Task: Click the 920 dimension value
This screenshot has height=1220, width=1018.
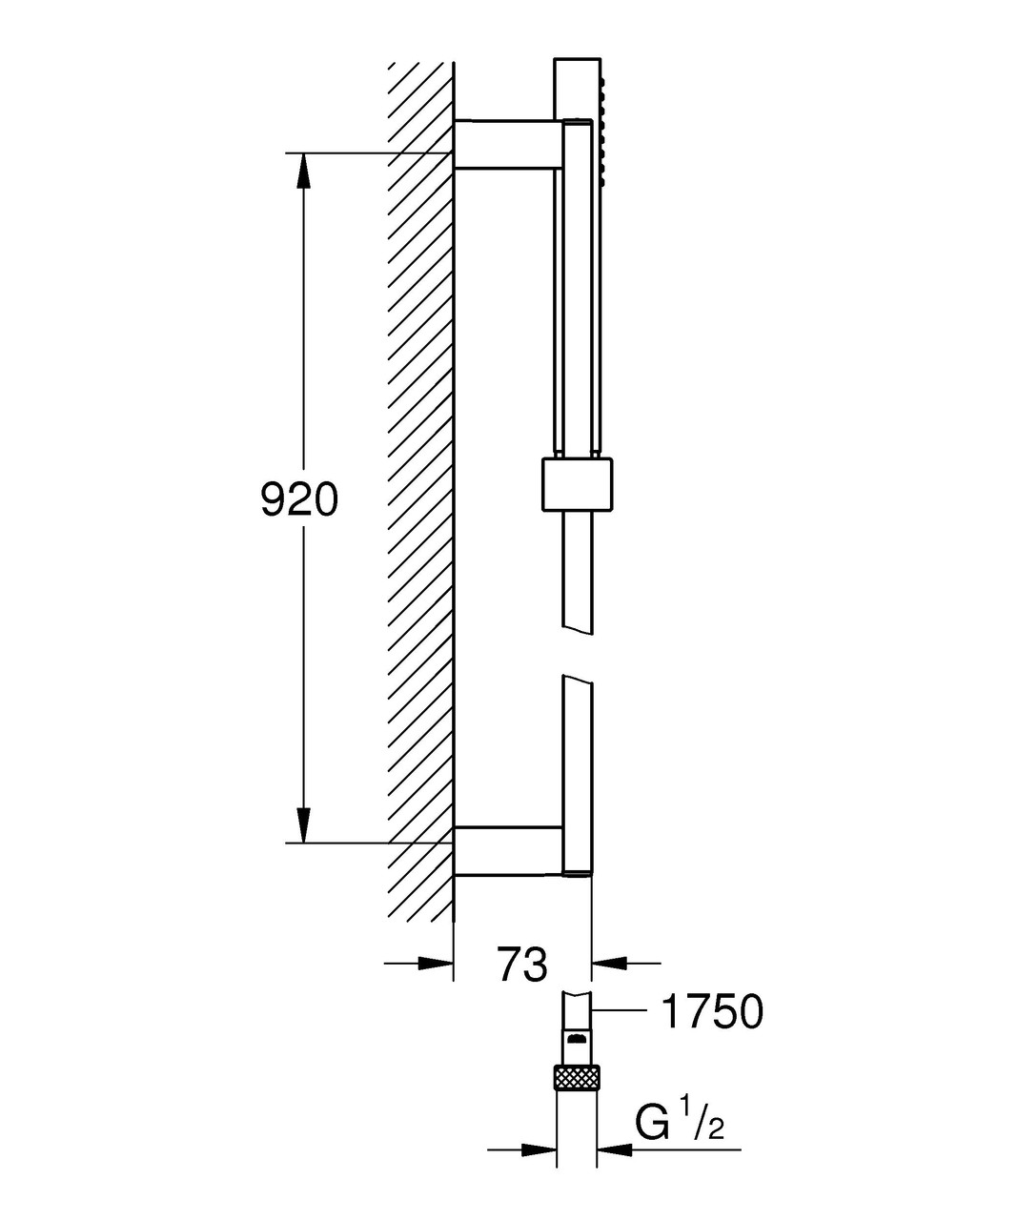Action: pyautogui.click(x=299, y=499)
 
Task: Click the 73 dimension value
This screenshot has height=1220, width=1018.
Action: pyautogui.click(x=522, y=964)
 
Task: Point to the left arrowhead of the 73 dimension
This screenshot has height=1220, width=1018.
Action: pyautogui.click(x=435, y=964)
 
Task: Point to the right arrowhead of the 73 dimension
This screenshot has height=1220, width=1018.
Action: pyautogui.click(x=610, y=964)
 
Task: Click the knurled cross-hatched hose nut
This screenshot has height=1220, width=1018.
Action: pyautogui.click(x=576, y=1078)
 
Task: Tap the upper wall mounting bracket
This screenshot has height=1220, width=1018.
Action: pyautogui.click(x=505, y=145)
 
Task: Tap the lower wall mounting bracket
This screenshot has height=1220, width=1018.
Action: pyautogui.click(x=505, y=850)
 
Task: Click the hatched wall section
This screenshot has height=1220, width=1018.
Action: pyautogui.click(x=419, y=477)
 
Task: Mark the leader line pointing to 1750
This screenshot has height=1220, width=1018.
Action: pyautogui.click(x=620, y=1006)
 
